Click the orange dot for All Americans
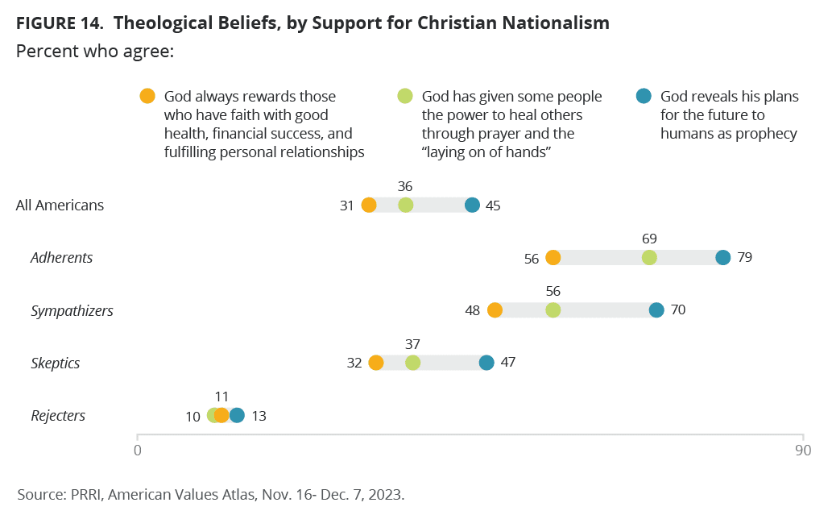pos(369,205)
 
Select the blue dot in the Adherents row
pos(723,258)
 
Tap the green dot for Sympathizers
pos(553,310)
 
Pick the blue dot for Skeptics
pos(486,363)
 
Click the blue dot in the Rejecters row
pos(237,415)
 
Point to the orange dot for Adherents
pos(553,258)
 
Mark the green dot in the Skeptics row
pos(412,363)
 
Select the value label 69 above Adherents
pos(649,239)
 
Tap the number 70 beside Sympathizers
pos(677,310)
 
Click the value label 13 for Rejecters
pos(258,416)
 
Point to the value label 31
pos(347,206)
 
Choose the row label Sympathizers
pos(72,310)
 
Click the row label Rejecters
pos(58,416)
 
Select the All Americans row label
pos(60,205)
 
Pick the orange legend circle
pos(147,96)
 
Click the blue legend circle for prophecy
pos(644,96)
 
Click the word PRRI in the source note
pos(80,493)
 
